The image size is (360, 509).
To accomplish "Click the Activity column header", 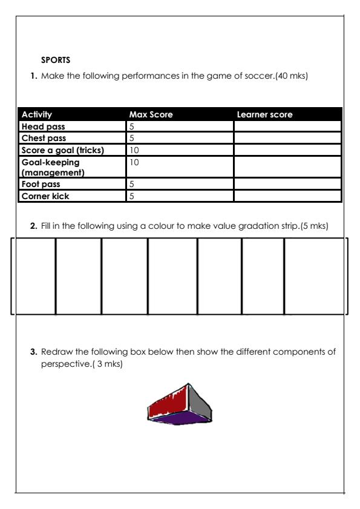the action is [x=37, y=114].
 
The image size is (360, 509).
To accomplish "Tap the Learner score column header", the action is [x=264, y=114].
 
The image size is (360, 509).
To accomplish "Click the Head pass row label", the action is [x=43, y=126].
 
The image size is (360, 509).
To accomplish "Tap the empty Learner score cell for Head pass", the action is [x=287, y=126].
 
